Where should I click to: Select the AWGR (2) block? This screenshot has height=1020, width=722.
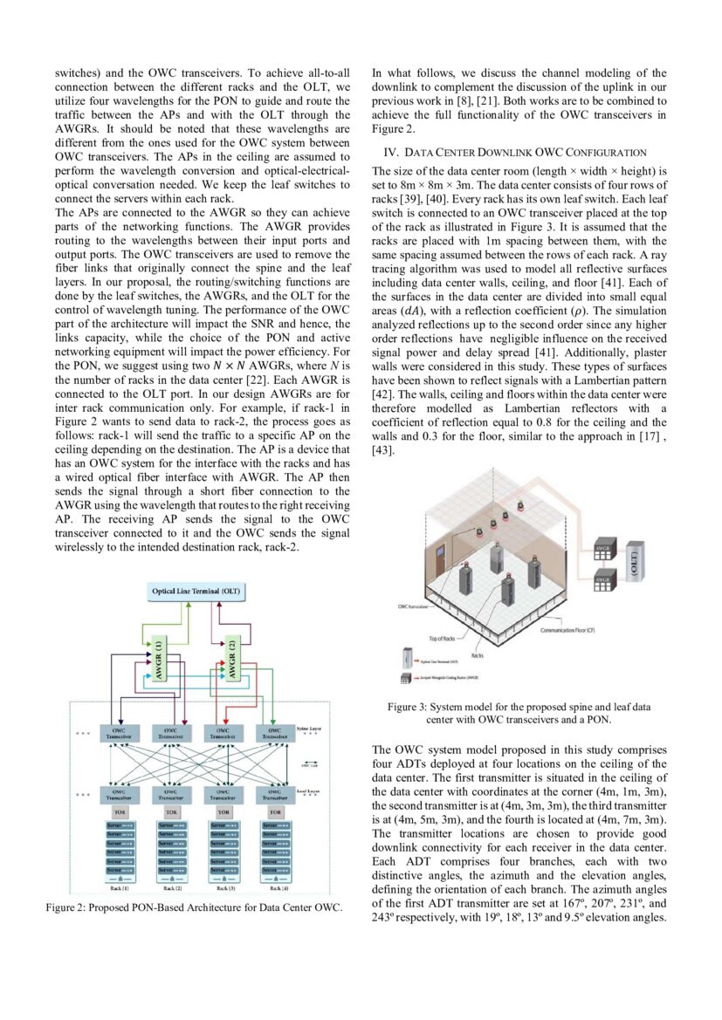pyautogui.click(x=231, y=656)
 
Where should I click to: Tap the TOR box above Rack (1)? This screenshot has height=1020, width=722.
pyautogui.click(x=120, y=811)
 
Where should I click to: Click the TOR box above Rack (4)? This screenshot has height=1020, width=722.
pyautogui.click(x=274, y=811)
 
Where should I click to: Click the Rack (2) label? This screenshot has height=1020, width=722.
pyautogui.click(x=171, y=888)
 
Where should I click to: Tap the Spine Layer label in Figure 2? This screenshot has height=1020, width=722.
pyautogui.click(x=308, y=727)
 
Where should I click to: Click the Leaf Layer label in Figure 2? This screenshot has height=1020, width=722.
pyautogui.click(x=307, y=791)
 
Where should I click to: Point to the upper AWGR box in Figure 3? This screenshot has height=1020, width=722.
pyautogui.click(x=602, y=551)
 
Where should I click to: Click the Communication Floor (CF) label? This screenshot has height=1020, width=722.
pyautogui.click(x=578, y=629)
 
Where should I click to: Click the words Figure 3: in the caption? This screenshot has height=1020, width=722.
pyautogui.click(x=412, y=707)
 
